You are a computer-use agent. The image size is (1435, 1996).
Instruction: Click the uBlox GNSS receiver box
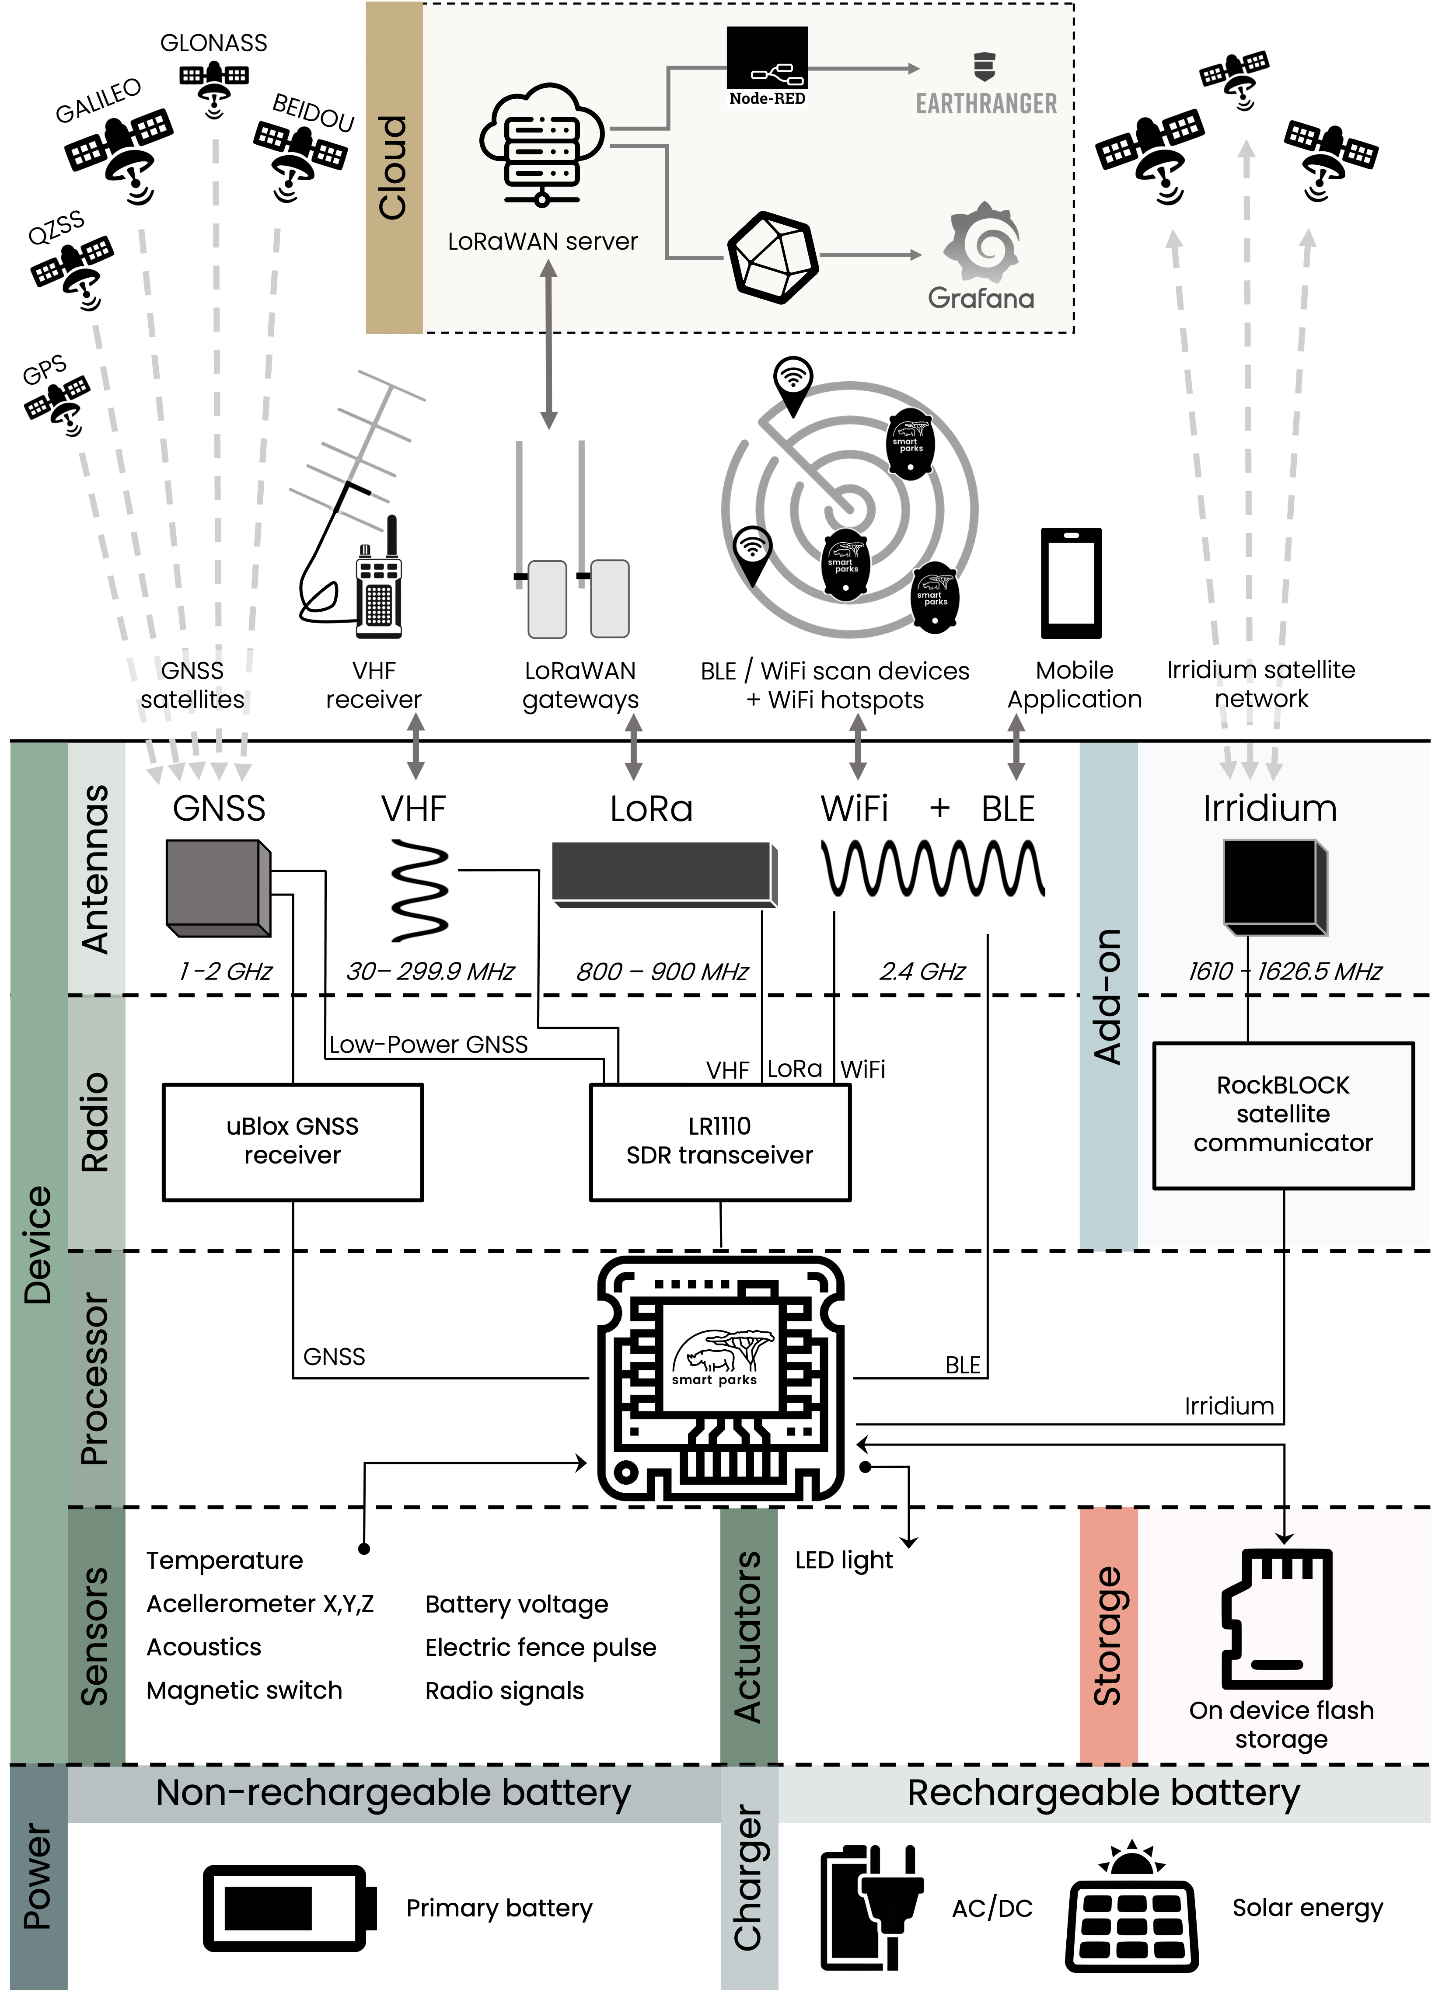pyautogui.click(x=292, y=1142)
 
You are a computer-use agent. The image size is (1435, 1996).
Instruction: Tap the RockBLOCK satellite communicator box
pyautogui.click(x=1283, y=1115)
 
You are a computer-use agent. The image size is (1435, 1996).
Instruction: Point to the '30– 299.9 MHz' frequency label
pyautogui.click(x=429, y=971)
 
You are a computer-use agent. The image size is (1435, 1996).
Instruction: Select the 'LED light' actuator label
pyautogui.click(x=843, y=1561)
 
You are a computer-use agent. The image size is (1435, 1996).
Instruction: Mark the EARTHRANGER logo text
pyautogui.click(x=986, y=104)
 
